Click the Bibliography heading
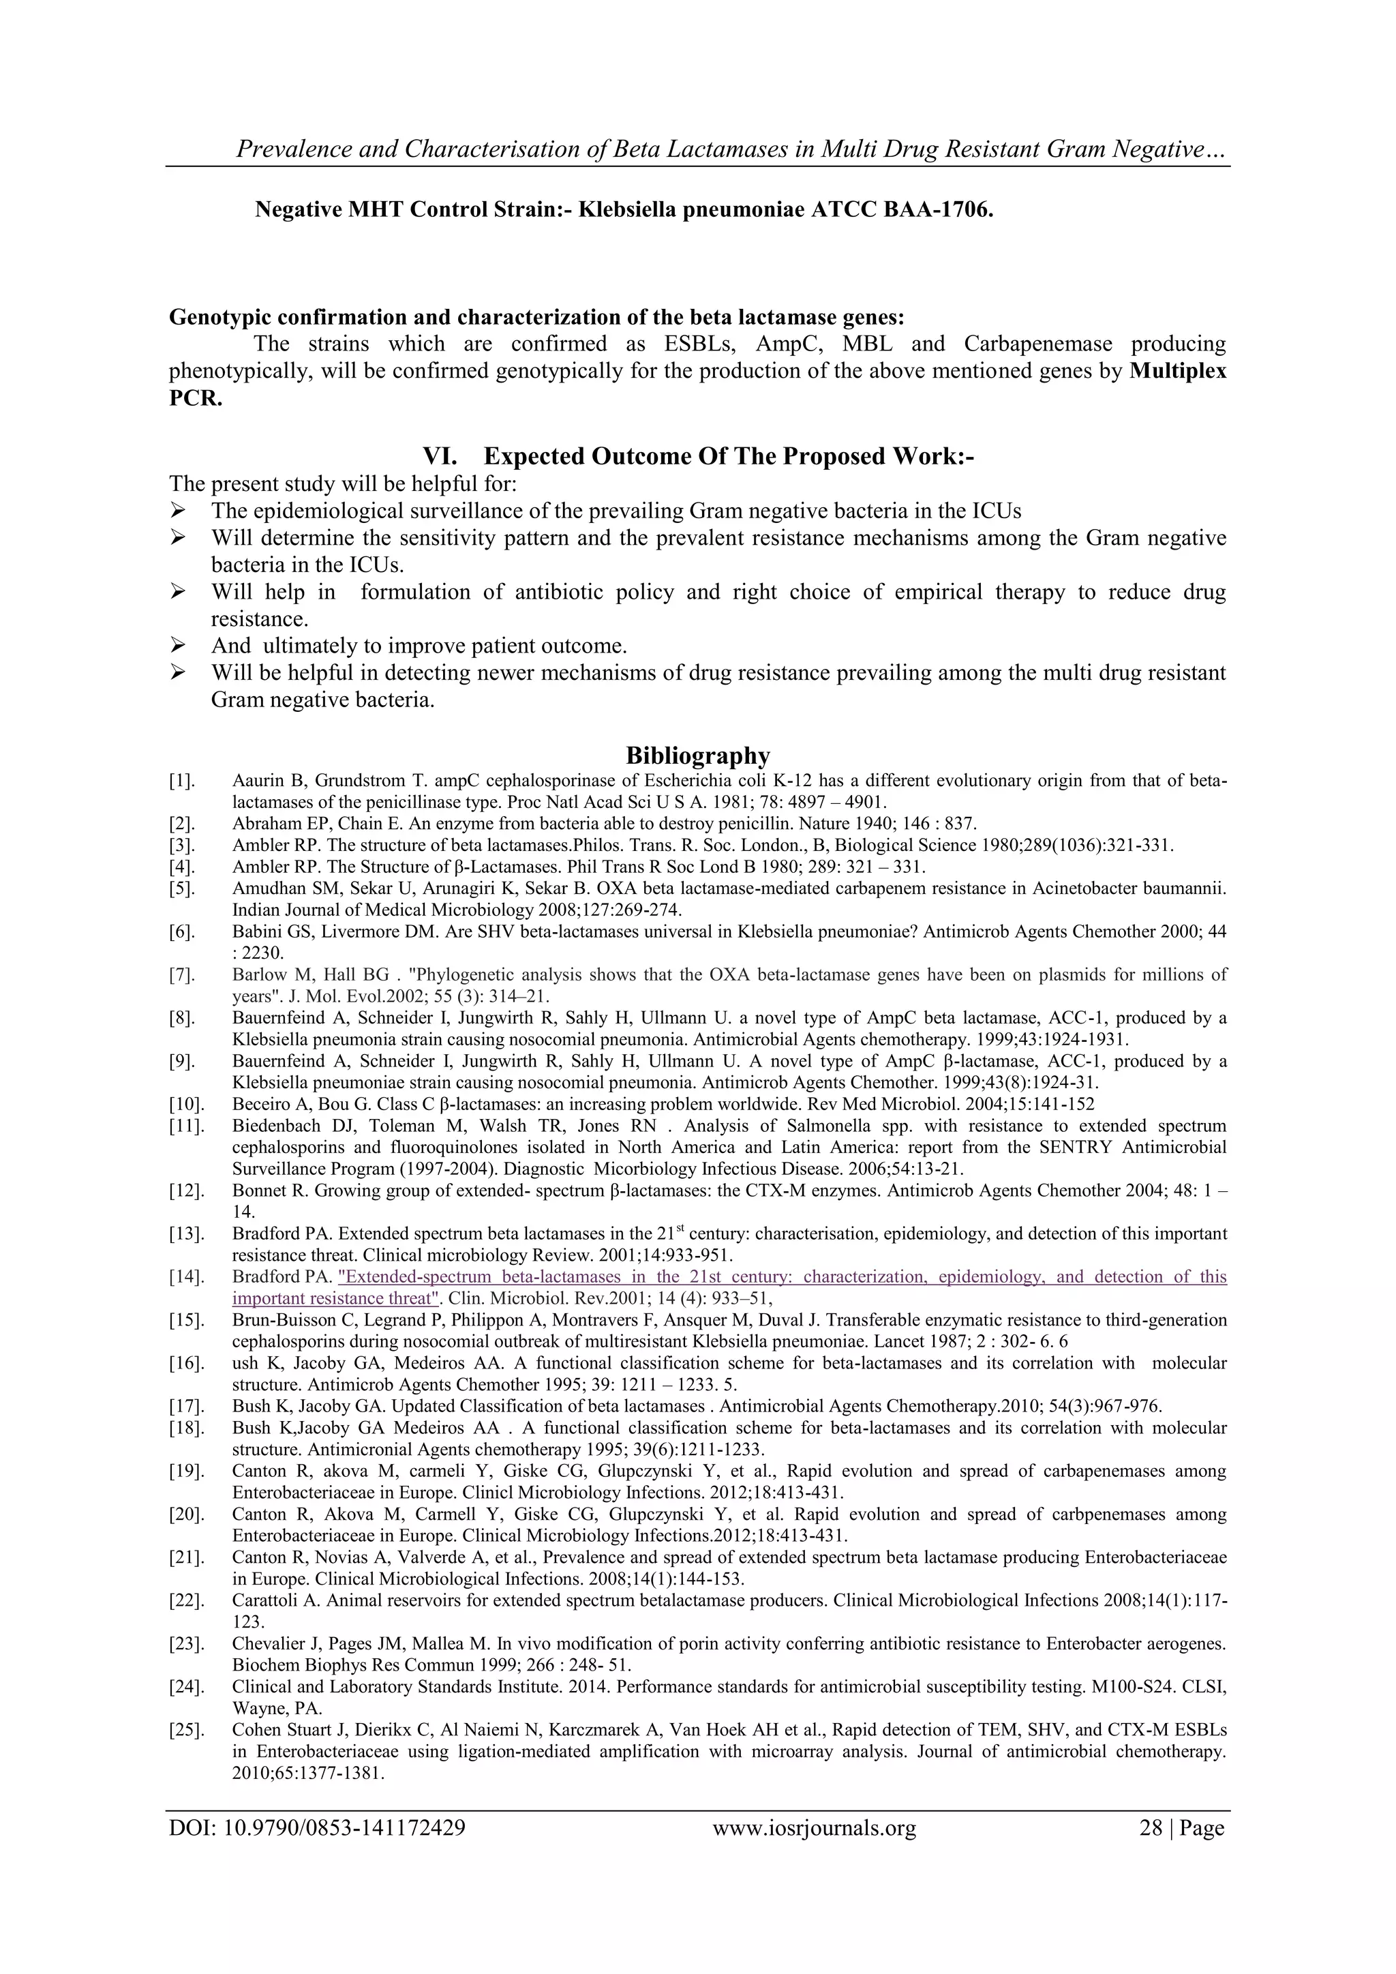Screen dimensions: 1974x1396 [697, 756]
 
